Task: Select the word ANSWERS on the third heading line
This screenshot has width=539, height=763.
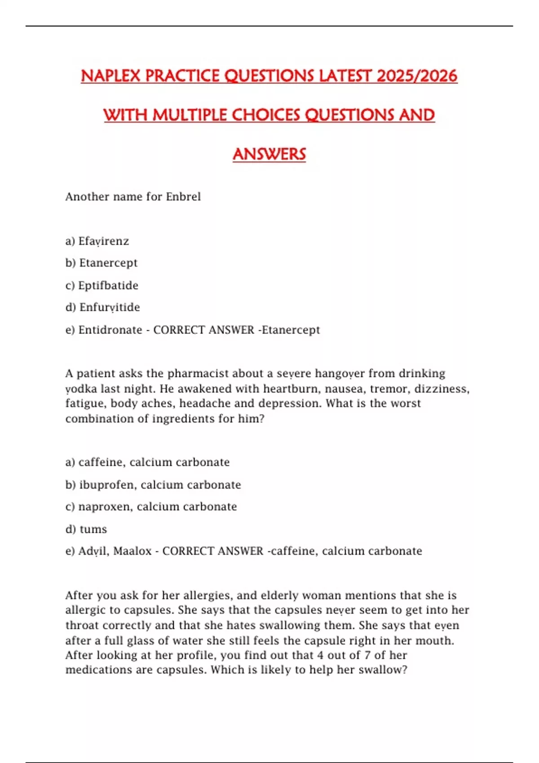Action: [x=269, y=154]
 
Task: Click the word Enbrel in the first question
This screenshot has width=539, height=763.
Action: [x=183, y=197]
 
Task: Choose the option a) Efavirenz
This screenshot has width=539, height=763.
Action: [x=97, y=241]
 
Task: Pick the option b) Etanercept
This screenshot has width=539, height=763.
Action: [x=102, y=263]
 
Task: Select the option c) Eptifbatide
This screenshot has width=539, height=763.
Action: [x=102, y=285]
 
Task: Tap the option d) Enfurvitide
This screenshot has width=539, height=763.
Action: [x=103, y=307]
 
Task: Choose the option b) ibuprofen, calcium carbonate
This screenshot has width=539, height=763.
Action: [x=153, y=485]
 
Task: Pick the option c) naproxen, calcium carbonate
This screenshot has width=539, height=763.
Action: [x=151, y=507]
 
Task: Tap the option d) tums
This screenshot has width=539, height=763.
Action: [x=86, y=529]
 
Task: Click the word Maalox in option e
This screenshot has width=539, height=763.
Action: [x=132, y=551]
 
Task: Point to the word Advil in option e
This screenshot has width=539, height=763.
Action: [x=92, y=551]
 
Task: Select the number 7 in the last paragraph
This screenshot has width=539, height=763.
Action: [x=367, y=655]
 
